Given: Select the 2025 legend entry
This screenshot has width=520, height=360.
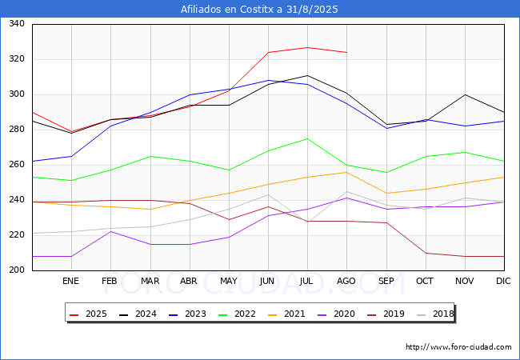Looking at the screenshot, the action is [x=88, y=314].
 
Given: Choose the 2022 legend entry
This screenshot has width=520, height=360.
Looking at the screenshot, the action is [x=237, y=314].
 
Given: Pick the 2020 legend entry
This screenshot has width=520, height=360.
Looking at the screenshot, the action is [x=336, y=314].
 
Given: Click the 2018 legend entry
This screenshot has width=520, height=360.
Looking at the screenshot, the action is [x=435, y=314].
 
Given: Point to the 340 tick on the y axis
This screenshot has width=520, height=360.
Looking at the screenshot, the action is [x=17, y=23].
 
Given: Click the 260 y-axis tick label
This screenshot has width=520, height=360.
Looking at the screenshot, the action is [x=17, y=165].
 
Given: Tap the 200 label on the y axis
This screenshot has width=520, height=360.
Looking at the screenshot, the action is [x=17, y=270].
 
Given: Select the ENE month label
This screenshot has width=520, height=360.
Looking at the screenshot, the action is [x=70, y=281].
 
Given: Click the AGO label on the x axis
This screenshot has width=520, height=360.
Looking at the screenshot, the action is [x=346, y=281].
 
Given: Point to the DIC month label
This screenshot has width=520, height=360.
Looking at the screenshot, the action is [x=503, y=281].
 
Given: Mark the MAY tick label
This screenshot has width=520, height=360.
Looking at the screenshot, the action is [x=229, y=281].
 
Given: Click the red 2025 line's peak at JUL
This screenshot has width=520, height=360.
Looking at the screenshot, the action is [x=308, y=47].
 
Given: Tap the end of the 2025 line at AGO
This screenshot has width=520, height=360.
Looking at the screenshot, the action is [x=347, y=52].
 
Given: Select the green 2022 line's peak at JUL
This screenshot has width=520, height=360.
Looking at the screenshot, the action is [x=308, y=138].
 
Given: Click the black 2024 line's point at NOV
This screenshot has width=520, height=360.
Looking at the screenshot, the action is [x=466, y=95].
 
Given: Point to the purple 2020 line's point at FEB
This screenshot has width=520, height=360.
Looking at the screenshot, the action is [x=110, y=231].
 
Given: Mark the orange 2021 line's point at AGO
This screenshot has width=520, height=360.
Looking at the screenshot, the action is [x=347, y=172].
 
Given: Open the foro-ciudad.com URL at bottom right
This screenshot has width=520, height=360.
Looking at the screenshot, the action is [x=458, y=347].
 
